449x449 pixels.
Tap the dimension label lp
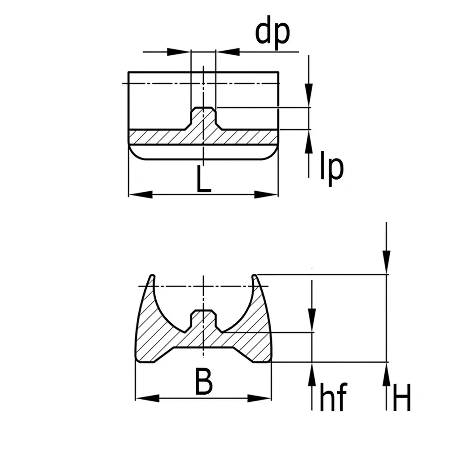pyautogui.click(x=332, y=168)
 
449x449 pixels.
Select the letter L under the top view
pyautogui.click(x=203, y=179)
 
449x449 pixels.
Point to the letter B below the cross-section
pyautogui.click(x=203, y=381)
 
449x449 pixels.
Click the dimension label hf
pyautogui.click(x=333, y=397)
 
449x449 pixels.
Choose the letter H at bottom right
pyautogui.click(x=402, y=398)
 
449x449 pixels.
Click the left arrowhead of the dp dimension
pyautogui.click(x=179, y=52)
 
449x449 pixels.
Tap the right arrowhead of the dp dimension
pyautogui.click(x=228, y=52)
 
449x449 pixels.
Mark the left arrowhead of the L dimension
pyautogui.click(x=140, y=195)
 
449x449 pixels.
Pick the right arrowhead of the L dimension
pyautogui.click(x=266, y=195)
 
